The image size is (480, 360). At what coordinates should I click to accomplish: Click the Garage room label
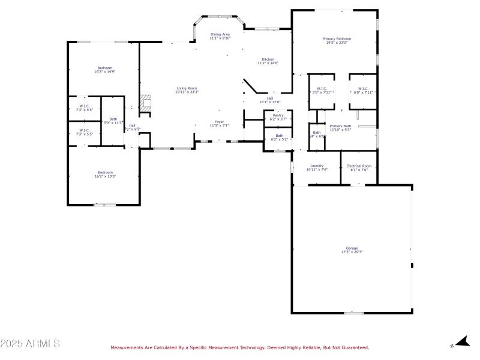(352, 250)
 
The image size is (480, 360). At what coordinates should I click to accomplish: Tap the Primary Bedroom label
(338, 40)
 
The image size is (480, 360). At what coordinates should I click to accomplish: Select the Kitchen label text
(268, 61)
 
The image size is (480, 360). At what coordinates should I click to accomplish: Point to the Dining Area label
(220, 36)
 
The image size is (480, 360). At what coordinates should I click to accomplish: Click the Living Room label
(187, 90)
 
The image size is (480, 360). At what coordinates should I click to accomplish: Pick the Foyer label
(219, 124)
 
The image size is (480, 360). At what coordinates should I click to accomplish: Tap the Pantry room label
(278, 117)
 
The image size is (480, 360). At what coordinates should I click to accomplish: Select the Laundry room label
(317, 167)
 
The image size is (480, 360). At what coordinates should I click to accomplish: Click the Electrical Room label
(359, 167)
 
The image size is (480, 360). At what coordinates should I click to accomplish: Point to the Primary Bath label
(340, 128)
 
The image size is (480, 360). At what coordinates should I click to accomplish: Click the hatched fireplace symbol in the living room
(145, 103)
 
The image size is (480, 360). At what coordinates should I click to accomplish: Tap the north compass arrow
(461, 342)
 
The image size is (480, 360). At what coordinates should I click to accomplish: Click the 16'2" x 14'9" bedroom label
(105, 70)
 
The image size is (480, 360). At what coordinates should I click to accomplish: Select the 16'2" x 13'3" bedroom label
(105, 174)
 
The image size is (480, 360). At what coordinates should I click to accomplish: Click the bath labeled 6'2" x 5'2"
(279, 137)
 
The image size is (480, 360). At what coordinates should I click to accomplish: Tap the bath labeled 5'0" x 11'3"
(113, 121)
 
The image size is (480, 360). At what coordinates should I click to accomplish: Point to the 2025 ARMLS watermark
(30, 344)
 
